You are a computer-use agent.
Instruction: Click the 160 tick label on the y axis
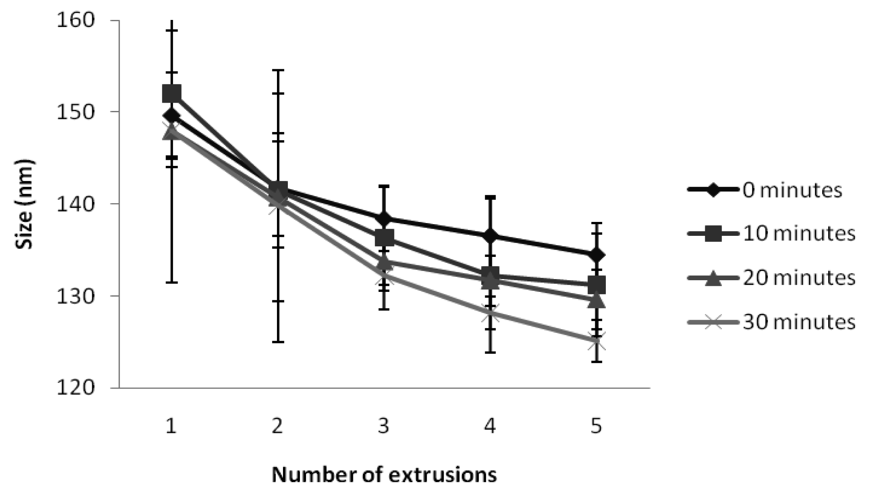(x=75, y=20)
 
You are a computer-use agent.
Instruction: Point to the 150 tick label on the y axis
(x=75, y=112)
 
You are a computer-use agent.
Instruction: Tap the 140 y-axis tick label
(x=75, y=204)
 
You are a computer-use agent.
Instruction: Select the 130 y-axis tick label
(x=75, y=296)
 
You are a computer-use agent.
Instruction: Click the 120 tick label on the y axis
(x=75, y=388)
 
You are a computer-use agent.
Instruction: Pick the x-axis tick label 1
(x=171, y=427)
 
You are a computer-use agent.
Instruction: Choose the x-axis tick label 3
(x=384, y=427)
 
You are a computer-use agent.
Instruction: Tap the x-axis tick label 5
(x=596, y=427)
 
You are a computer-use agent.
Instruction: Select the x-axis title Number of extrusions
(x=384, y=475)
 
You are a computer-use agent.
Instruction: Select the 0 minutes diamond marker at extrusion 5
(x=596, y=255)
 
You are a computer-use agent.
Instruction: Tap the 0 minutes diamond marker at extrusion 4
(x=490, y=236)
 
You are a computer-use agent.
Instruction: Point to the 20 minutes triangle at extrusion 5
(x=596, y=301)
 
